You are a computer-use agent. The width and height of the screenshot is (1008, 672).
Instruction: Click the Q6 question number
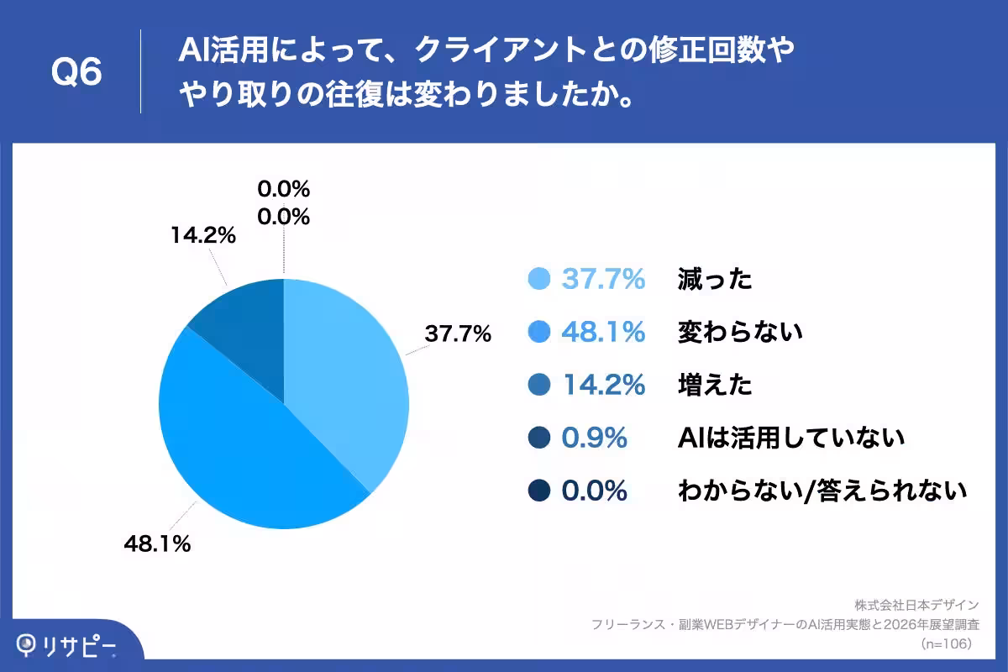pyautogui.click(x=76, y=73)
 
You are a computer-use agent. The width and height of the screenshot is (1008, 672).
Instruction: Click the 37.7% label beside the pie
pyautogui.click(x=457, y=334)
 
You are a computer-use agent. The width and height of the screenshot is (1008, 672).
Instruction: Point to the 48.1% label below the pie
pyautogui.click(x=157, y=543)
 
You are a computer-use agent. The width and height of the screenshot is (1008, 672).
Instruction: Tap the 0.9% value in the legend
pyautogui.click(x=594, y=438)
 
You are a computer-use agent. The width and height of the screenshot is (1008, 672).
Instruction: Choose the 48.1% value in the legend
pyautogui.click(x=603, y=333)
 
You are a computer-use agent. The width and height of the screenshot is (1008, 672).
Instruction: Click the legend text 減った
pyautogui.click(x=715, y=280)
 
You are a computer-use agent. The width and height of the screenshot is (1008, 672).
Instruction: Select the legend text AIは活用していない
pyautogui.click(x=790, y=438)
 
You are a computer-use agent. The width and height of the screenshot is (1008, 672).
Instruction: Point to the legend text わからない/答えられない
pyautogui.click(x=822, y=491)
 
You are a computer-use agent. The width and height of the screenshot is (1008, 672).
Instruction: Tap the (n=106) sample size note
pyautogui.click(x=947, y=643)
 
